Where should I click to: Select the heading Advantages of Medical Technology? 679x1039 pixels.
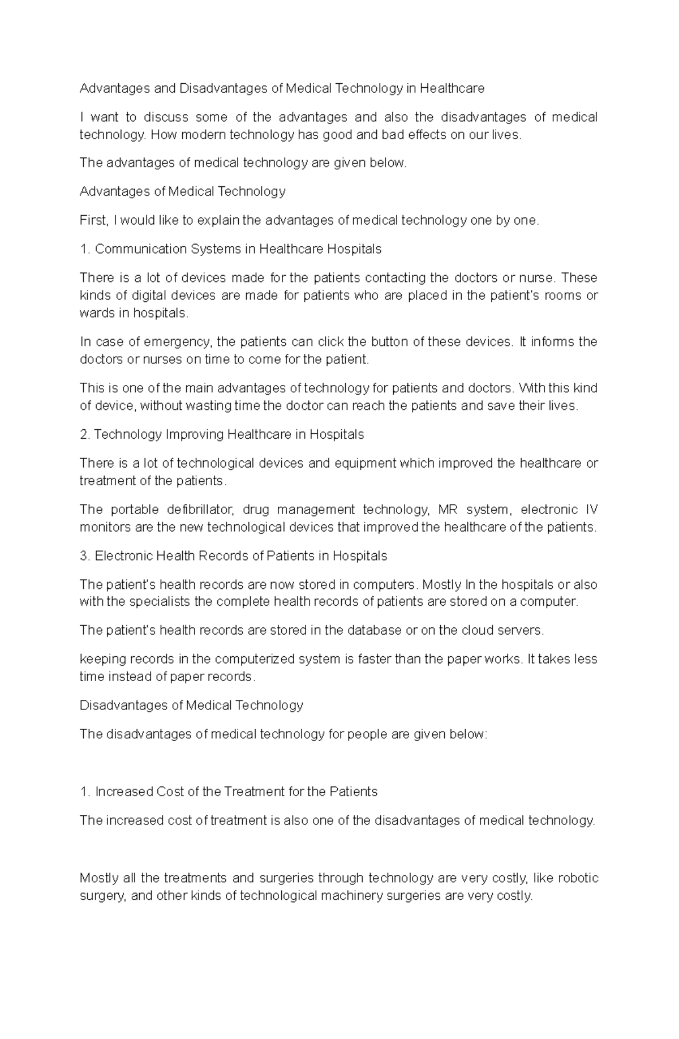click(182, 191)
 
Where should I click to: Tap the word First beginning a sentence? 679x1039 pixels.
click(93, 220)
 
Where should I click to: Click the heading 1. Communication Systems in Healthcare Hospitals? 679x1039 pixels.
click(230, 249)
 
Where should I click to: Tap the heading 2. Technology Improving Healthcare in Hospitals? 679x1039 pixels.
click(222, 435)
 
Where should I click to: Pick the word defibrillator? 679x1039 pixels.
click(196, 510)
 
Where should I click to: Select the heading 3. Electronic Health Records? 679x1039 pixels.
click(233, 556)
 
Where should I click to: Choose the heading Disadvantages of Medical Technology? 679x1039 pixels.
click(191, 706)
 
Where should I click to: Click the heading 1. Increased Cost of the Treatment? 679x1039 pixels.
click(229, 792)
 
